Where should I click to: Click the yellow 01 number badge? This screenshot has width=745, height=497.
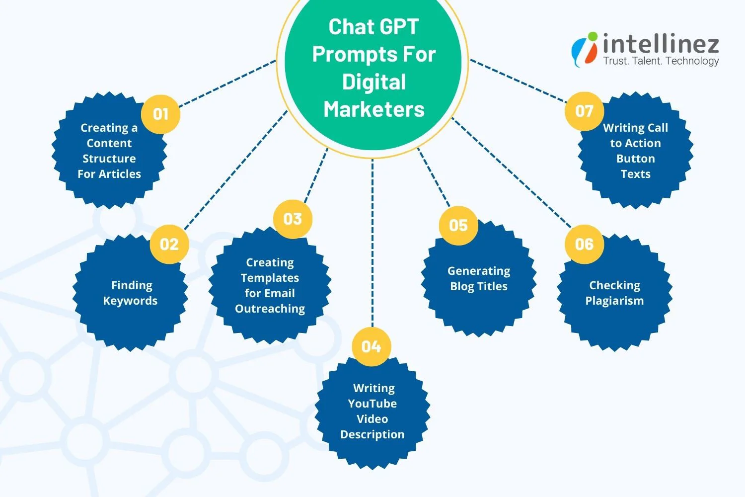click(160, 114)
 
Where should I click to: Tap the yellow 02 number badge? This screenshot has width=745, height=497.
click(169, 244)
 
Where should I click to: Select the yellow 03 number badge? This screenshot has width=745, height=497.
click(293, 219)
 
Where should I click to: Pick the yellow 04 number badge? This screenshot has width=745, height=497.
click(371, 346)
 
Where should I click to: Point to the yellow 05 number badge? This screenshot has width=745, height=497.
click(458, 225)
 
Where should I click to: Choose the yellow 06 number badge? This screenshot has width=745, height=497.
click(584, 244)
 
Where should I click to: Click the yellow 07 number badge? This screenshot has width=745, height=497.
click(584, 111)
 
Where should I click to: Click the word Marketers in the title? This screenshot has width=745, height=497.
click(374, 109)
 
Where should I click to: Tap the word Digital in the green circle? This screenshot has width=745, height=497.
click(374, 82)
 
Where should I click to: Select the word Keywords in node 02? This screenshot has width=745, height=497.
click(130, 301)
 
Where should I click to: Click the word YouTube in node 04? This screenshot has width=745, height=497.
click(372, 404)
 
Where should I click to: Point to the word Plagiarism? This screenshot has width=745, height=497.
click(614, 301)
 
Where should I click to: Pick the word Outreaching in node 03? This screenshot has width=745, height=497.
click(270, 309)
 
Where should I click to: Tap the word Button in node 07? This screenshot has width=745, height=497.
click(635, 159)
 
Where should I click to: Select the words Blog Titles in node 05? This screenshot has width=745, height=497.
click(479, 286)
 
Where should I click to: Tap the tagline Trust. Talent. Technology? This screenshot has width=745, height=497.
click(661, 61)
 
